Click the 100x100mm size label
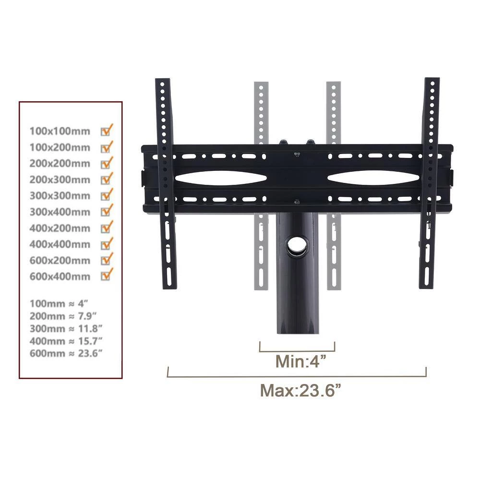(x=60, y=132)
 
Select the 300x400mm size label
(x=60, y=212)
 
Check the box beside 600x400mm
(x=106, y=276)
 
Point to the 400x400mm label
(x=60, y=244)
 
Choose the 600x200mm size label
(x=60, y=261)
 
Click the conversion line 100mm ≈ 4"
(x=59, y=304)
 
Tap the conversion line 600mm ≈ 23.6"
(x=66, y=353)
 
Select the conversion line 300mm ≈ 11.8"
(x=66, y=328)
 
